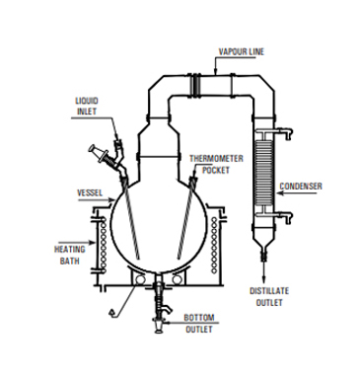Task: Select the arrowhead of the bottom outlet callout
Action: [x=169, y=321]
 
